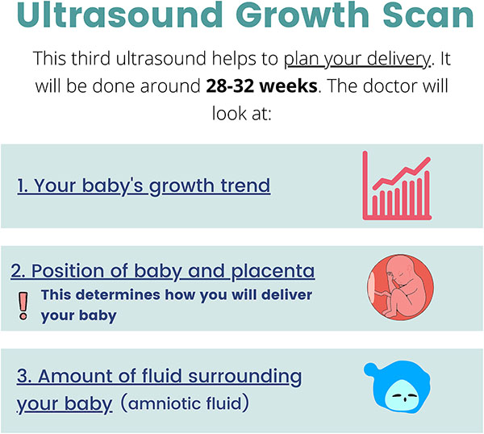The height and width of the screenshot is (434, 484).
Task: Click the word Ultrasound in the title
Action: [x=120, y=15]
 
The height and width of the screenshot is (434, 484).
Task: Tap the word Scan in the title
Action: [x=428, y=15]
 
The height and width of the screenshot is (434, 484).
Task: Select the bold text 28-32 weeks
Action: [x=261, y=86]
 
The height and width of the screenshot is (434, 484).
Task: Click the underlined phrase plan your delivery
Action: [x=357, y=59]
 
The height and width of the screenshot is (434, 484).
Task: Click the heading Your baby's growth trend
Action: [x=144, y=186]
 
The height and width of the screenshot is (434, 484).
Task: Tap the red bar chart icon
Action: [x=397, y=186]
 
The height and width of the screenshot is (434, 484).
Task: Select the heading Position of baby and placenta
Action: [x=163, y=271]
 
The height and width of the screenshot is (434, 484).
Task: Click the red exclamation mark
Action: [x=23, y=306]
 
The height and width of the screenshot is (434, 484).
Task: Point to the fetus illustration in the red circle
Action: [x=400, y=287]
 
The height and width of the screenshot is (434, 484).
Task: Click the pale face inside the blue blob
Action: [x=401, y=396]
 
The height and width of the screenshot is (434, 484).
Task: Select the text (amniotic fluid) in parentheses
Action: [x=185, y=403]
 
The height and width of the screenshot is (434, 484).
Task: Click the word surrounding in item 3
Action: [x=244, y=378]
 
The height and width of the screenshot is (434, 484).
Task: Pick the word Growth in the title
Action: [x=302, y=15]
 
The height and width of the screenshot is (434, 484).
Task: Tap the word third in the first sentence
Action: [x=90, y=58]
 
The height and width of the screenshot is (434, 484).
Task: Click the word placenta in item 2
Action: [x=273, y=271]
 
